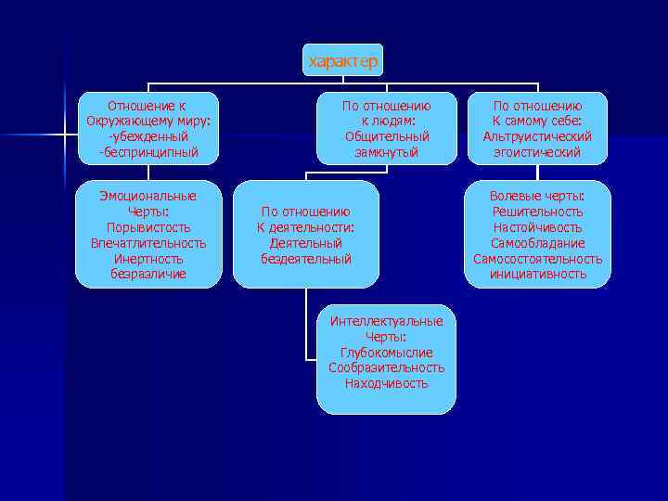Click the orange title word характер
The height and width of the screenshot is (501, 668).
[x=342, y=61]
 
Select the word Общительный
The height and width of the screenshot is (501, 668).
[x=386, y=136]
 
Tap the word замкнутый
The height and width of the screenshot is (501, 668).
[x=386, y=152]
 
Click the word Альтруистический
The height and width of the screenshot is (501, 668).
[x=537, y=136]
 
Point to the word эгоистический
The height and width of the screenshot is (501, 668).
[x=537, y=152]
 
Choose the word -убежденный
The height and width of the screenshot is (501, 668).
[x=148, y=136]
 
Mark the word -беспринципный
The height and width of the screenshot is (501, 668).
[x=148, y=152]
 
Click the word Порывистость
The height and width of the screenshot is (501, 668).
[x=148, y=227]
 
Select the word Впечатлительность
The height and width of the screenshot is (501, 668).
[x=148, y=243]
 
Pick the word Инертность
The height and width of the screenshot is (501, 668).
[x=148, y=259]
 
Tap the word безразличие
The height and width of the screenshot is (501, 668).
[x=148, y=274]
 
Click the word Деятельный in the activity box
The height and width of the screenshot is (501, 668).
[x=306, y=243]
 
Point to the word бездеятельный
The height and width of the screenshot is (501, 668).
[x=306, y=259]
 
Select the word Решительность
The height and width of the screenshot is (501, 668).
[x=537, y=212]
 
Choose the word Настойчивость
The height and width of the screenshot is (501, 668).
[x=537, y=227]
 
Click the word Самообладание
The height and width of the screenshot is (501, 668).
[x=537, y=243]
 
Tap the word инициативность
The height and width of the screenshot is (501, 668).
[x=537, y=274]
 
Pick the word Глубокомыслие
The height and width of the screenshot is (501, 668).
[x=386, y=353]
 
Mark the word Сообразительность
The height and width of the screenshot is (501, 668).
[x=386, y=367]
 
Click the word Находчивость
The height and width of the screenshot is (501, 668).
[x=386, y=383]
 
